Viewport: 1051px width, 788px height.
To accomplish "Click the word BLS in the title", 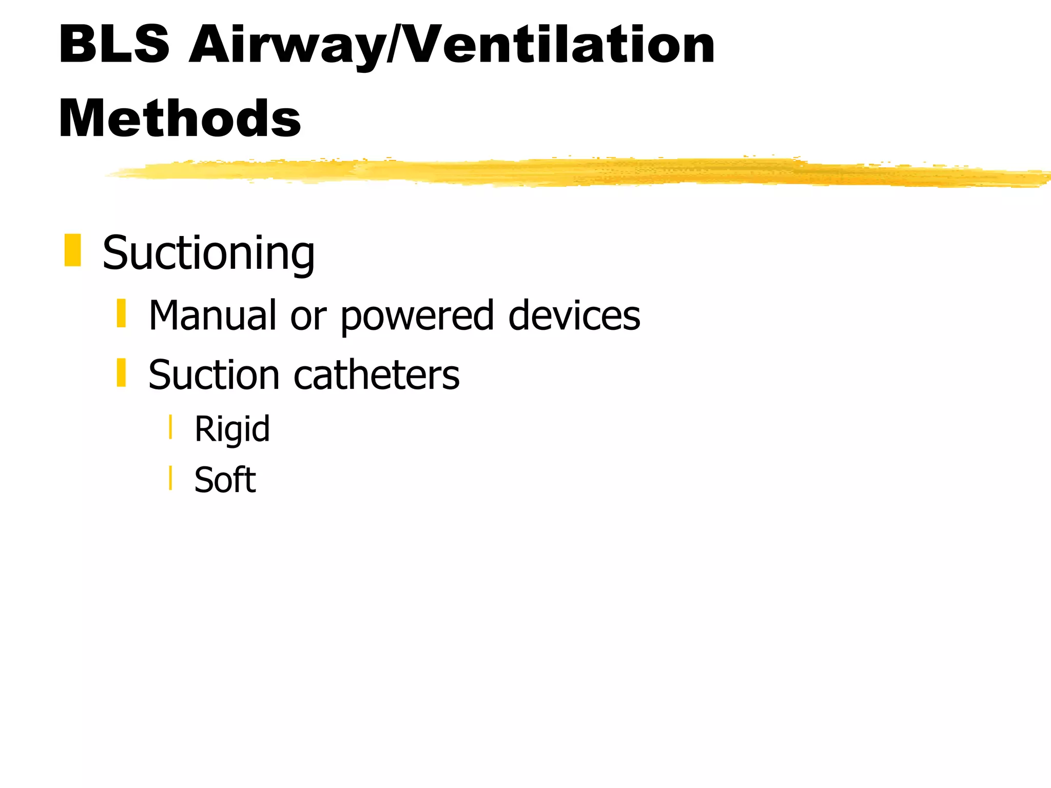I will (x=114, y=45).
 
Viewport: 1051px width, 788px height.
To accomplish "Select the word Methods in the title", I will (x=180, y=119).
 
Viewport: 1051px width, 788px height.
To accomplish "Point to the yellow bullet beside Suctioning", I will (x=73, y=250).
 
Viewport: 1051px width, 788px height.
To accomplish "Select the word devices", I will (x=574, y=315).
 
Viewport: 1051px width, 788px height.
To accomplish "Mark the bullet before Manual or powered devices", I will (x=121, y=313).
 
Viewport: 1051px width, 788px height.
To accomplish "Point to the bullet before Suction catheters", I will (x=121, y=372).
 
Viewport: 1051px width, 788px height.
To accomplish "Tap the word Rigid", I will (x=232, y=429).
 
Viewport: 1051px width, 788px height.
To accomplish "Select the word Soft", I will (x=225, y=480).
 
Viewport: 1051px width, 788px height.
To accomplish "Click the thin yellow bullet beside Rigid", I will (x=170, y=427).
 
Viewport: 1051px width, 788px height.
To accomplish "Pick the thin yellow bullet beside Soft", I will (x=170, y=478).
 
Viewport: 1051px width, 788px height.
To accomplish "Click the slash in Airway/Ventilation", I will (x=396, y=45).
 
